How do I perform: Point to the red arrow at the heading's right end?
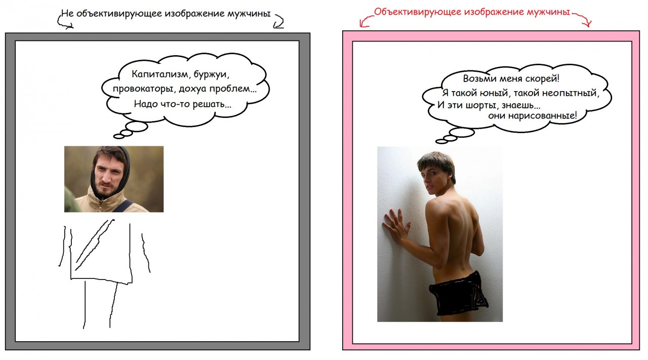pos(583,19)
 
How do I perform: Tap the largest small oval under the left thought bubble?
pos(137,127)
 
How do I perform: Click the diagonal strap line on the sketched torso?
pos(95,245)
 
